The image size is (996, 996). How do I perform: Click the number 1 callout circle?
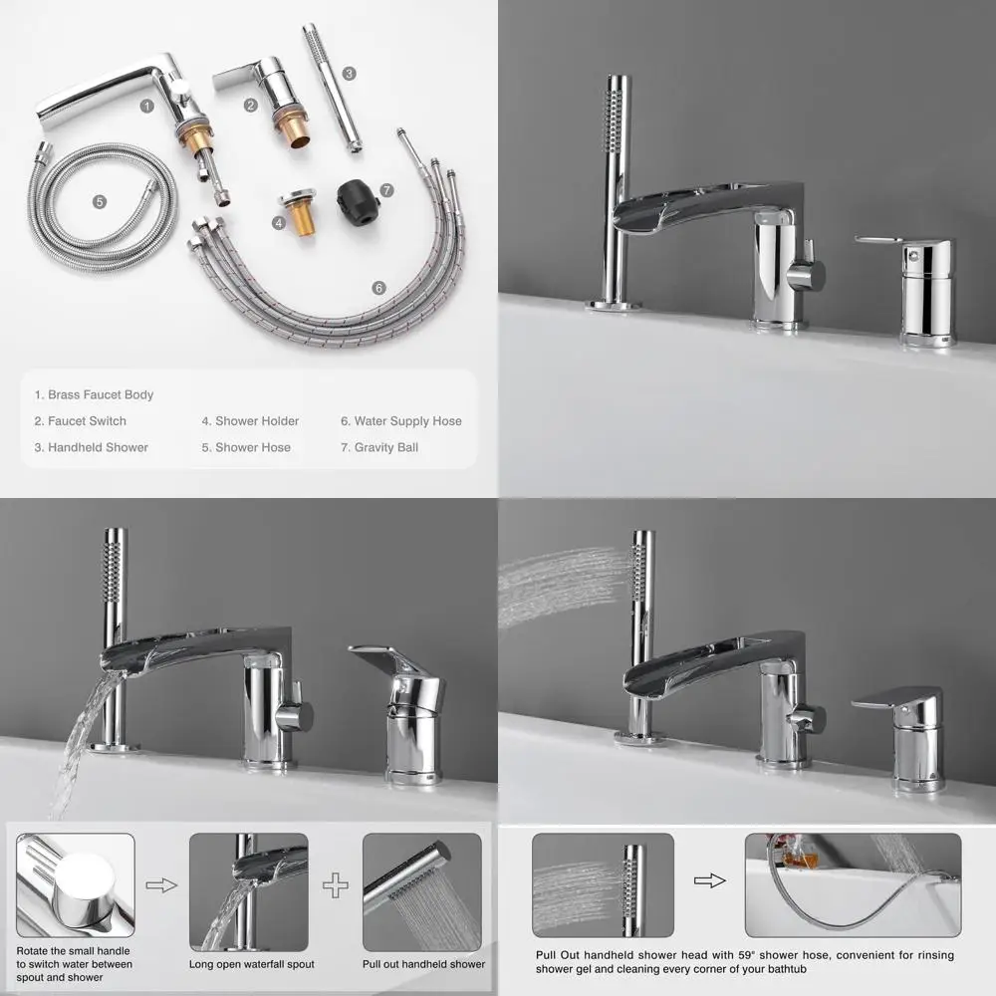[146, 105]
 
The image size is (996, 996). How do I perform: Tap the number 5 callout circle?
[100, 201]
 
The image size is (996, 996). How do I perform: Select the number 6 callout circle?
[378, 288]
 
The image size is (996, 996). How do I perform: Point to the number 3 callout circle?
[349, 73]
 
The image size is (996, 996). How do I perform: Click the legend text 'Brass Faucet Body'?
[94, 395]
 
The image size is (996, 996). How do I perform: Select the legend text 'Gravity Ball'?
[379, 447]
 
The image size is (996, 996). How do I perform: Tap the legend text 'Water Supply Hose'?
[401, 421]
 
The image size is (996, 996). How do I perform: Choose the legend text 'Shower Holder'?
[250, 421]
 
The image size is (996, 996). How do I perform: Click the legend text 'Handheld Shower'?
[91, 447]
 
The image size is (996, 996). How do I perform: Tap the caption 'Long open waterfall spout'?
[252, 964]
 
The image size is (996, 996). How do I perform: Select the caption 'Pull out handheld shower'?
[423, 964]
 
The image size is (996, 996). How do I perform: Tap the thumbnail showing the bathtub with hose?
[853, 885]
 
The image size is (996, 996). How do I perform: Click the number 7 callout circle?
[386, 189]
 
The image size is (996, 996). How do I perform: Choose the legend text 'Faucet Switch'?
[81, 421]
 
